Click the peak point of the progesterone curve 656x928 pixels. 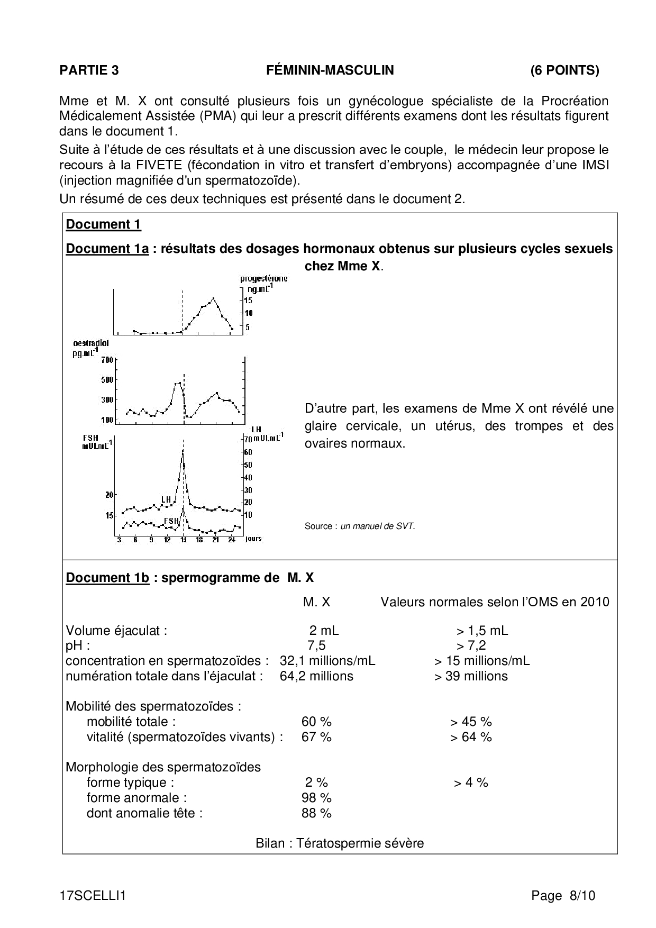coord(213,298)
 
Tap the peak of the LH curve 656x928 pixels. coord(183,450)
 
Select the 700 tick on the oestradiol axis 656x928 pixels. coord(107,360)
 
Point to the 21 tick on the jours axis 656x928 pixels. coord(215,540)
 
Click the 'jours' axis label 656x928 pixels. coord(253,539)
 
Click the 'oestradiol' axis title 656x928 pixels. coord(90,343)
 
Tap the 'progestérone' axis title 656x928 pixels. coord(263,278)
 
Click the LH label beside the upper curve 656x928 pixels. coord(166,499)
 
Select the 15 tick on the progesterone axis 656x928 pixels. coord(248,300)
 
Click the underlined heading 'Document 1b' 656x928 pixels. coord(107,577)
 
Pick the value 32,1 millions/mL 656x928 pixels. coord(327,661)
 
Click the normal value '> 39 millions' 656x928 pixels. coord(471,676)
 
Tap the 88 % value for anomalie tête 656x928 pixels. coord(316,813)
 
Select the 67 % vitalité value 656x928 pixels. coord(316,737)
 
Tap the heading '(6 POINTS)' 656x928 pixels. coord(564,70)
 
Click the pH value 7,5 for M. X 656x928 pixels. coord(316,645)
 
